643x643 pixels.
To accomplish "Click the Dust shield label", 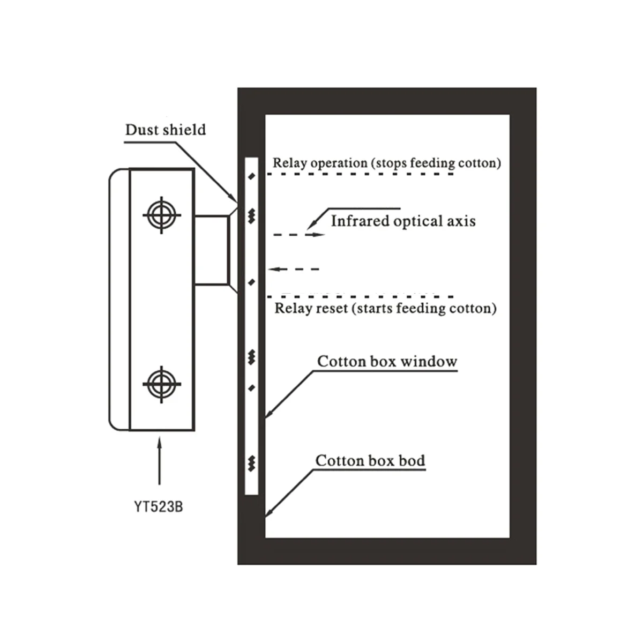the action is [165, 130].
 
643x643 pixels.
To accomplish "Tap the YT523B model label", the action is [158, 506].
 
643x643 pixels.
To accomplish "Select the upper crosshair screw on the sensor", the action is [161, 215].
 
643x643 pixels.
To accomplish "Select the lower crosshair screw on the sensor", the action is [161, 384].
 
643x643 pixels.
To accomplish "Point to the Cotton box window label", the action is [387, 362].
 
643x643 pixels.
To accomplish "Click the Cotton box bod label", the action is [370, 461].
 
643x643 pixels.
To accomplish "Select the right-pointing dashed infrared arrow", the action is [300, 235].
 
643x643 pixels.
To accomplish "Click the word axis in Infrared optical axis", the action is [461, 221].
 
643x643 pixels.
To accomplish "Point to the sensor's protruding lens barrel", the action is [211, 250].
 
